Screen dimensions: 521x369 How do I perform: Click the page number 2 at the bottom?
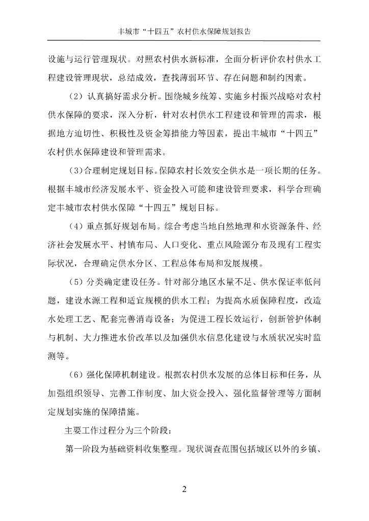point(184,489)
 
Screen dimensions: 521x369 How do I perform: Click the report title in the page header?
point(184,31)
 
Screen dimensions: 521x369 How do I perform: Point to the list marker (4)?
point(75,225)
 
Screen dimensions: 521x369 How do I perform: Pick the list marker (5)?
point(75,281)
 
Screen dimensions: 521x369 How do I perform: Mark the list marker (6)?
point(75,375)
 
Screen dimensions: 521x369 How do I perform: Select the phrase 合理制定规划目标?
point(120,168)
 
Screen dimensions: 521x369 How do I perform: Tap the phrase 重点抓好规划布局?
point(122,225)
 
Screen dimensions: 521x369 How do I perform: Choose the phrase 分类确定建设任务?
point(122,281)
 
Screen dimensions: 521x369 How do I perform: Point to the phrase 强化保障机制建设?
point(122,375)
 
